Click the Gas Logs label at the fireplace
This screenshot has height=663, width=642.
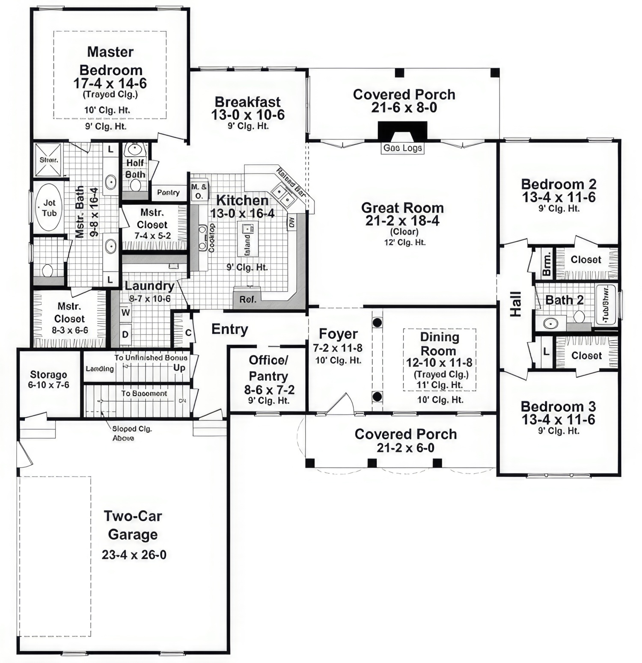402,148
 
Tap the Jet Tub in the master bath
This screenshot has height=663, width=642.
49,208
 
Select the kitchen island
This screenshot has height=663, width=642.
248,239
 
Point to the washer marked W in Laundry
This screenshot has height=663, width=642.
125,312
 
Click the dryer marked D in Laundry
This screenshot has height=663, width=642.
125,334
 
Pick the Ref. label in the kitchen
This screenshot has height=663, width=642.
248,299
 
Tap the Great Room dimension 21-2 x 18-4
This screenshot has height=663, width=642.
402,221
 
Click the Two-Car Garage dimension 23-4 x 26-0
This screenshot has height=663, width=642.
134,555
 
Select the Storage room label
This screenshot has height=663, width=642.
48,375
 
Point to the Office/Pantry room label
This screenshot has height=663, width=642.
269,368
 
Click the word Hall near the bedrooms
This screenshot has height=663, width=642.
516,304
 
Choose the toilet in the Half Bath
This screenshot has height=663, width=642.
136,185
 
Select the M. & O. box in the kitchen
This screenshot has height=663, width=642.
199,192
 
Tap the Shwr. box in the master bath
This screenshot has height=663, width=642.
48,160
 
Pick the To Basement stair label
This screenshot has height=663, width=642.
144,394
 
